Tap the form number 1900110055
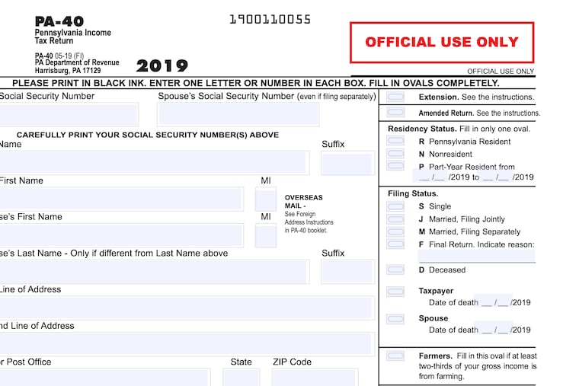pyautogui.click(x=270, y=20)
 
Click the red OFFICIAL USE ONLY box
pyautogui.click(x=442, y=43)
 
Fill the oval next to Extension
pyautogui.click(x=395, y=97)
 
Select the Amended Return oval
pyautogui.click(x=395, y=113)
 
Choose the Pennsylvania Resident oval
pyautogui.click(x=395, y=141)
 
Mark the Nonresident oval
pyautogui.click(x=395, y=154)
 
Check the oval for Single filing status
pyautogui.click(x=395, y=206)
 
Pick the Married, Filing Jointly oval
pyautogui.click(x=395, y=219)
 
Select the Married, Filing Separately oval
pyautogui.click(x=395, y=231)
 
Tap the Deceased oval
pyautogui.click(x=395, y=270)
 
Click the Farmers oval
pyautogui.click(x=395, y=356)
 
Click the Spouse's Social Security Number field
pyautogui.click(x=238, y=114)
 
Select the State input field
pyautogui.click(x=241, y=377)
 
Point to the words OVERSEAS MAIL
pyautogui.click(x=303, y=201)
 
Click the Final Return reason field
pyautogui.click(x=477, y=257)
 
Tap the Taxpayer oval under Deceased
pyautogui.click(x=395, y=291)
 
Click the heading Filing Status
pyautogui.click(x=414, y=193)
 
